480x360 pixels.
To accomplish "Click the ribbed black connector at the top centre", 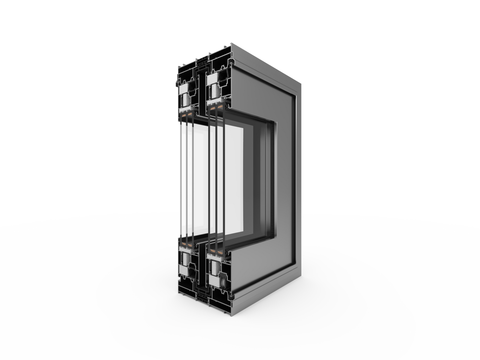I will [x=201, y=60].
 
